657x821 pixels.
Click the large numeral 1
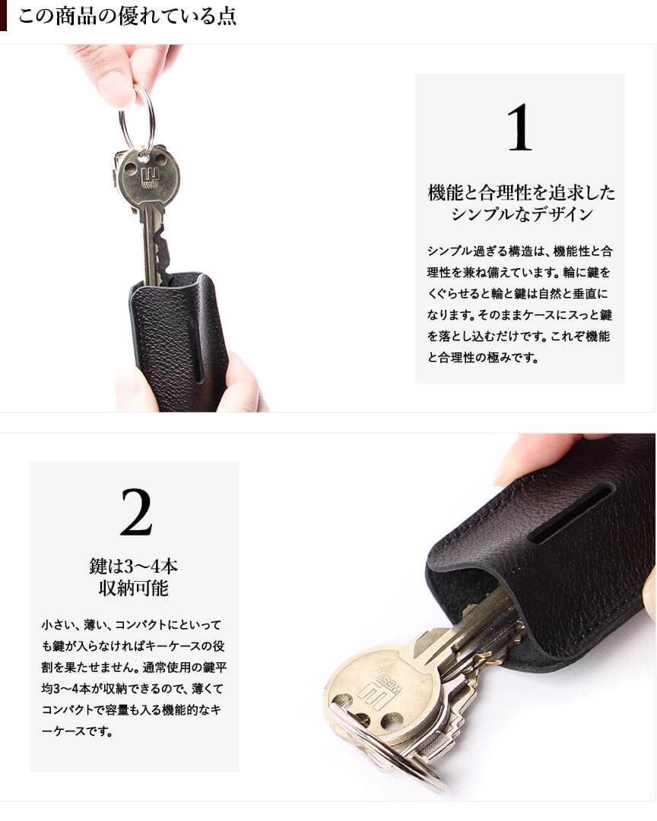click(519, 128)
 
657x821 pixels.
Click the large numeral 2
click(136, 512)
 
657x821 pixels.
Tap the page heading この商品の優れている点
click(128, 16)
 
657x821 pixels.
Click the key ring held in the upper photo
click(138, 122)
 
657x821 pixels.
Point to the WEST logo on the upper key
click(150, 178)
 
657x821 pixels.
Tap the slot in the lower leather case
click(570, 513)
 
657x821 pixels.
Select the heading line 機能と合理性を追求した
click(521, 193)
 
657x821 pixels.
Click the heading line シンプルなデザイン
click(521, 214)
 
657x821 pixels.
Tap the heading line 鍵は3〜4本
click(134, 566)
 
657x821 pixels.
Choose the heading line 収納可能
click(134, 589)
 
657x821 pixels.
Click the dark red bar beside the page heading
click(3, 16)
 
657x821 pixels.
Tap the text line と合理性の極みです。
click(482, 358)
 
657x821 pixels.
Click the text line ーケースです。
click(77, 731)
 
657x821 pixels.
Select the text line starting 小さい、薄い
click(131, 624)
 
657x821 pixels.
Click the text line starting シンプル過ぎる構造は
click(519, 251)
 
